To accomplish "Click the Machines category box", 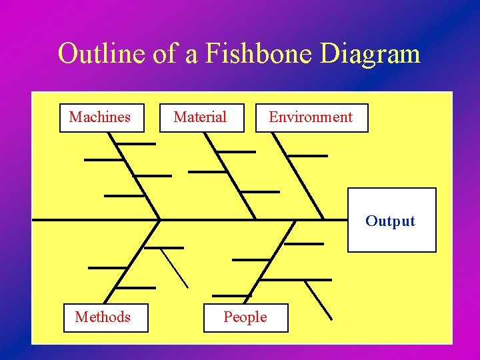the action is (101, 118).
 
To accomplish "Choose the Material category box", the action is (201, 118).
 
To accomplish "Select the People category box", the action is (246, 318).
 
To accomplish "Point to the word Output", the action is (390, 221).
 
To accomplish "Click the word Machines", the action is (100, 117).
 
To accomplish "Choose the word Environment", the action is (311, 117).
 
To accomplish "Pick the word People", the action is (245, 317).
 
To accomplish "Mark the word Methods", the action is (103, 317).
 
